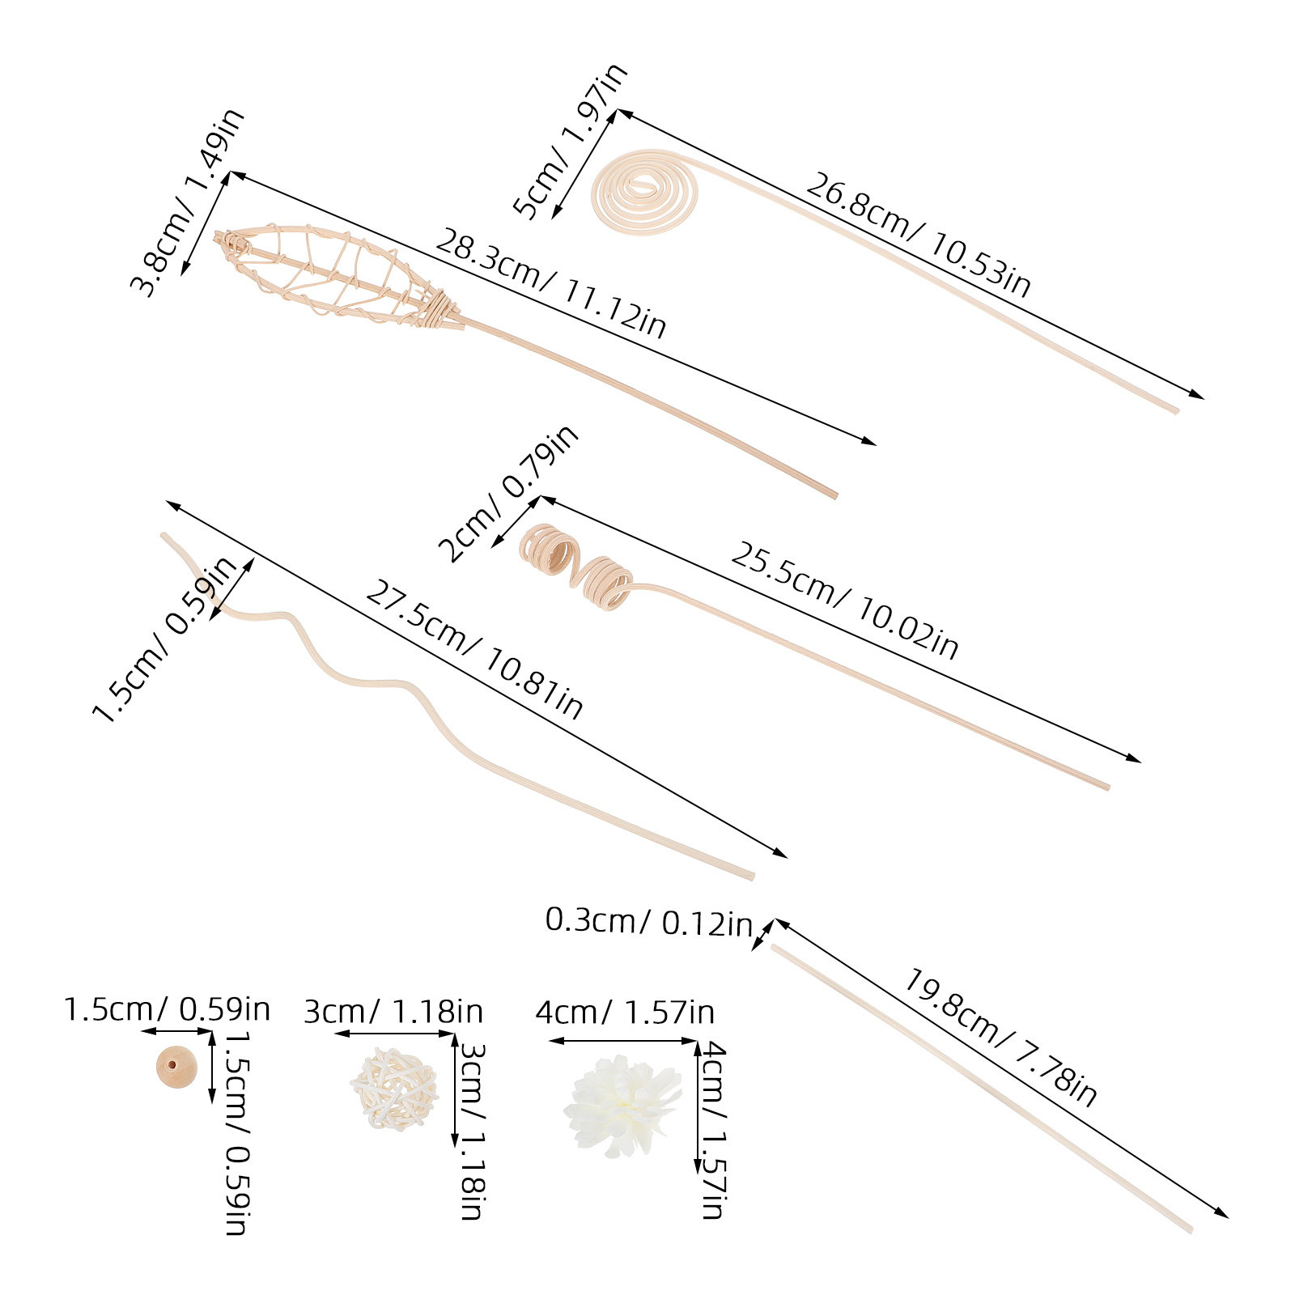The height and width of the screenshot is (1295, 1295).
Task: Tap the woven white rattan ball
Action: tap(394, 1089)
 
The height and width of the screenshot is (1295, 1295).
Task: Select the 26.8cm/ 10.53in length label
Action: tap(918, 235)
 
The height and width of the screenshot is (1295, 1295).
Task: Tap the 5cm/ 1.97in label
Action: tap(571, 141)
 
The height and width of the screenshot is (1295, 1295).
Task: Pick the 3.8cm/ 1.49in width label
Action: tap(188, 202)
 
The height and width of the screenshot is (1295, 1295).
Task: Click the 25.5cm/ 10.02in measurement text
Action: tap(844, 600)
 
